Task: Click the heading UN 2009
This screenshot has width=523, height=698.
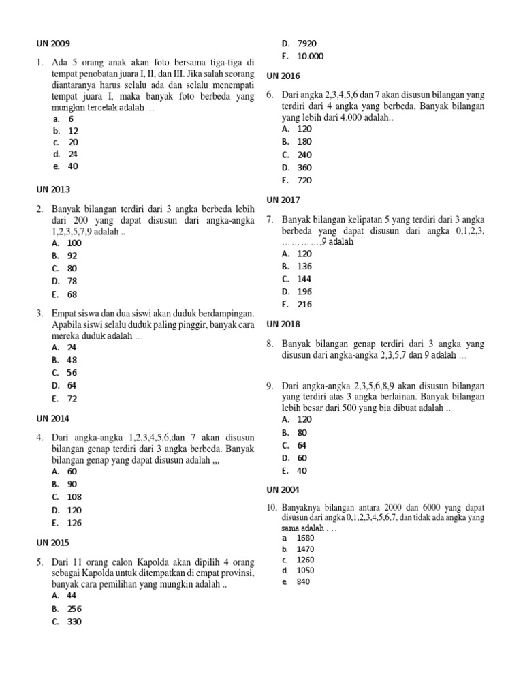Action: coord(53,43)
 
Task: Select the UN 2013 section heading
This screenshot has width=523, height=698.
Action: coord(53,189)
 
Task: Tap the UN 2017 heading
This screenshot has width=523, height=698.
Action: coord(283,200)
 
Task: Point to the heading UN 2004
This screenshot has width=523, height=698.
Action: coord(283,489)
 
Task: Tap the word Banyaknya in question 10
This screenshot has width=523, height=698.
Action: coord(302,508)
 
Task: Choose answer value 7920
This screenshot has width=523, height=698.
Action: coord(307,43)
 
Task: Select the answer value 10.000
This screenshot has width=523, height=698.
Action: coord(311,57)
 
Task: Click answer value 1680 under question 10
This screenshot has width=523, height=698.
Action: coord(306,538)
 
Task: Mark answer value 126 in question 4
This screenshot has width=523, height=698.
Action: coord(74,523)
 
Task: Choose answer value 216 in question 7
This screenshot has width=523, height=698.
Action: coord(304,305)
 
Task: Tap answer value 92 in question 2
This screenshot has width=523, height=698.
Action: coord(73,256)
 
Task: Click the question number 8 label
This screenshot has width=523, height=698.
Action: coord(270,344)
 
